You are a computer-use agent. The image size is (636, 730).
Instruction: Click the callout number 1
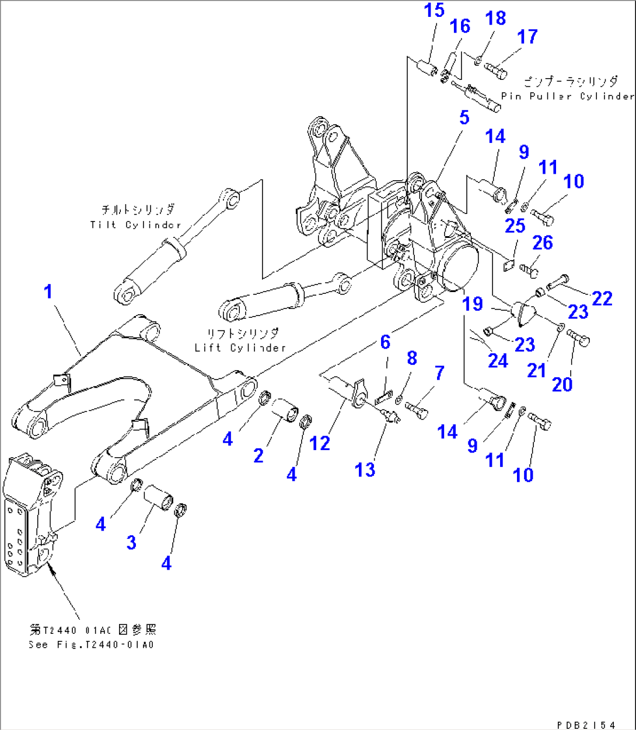click(48, 291)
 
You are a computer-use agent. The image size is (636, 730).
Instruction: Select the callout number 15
click(434, 11)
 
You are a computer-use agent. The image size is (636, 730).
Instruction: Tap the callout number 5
click(464, 117)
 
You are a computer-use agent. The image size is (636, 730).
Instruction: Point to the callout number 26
click(543, 243)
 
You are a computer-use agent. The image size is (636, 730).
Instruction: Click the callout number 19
click(473, 303)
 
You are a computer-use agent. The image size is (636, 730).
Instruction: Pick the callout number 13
click(365, 469)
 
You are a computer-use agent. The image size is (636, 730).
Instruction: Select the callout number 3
click(131, 542)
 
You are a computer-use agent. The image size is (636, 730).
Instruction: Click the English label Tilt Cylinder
click(135, 225)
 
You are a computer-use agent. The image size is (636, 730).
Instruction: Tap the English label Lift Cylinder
click(240, 348)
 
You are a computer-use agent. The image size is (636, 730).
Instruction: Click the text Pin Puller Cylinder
click(567, 96)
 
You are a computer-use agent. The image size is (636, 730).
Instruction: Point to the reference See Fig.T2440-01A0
click(91, 645)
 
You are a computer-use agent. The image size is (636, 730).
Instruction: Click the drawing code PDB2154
click(585, 725)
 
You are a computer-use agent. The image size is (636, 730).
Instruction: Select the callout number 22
click(602, 299)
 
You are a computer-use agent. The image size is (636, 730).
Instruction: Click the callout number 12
click(320, 443)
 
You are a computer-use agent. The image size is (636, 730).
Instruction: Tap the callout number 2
click(258, 455)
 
